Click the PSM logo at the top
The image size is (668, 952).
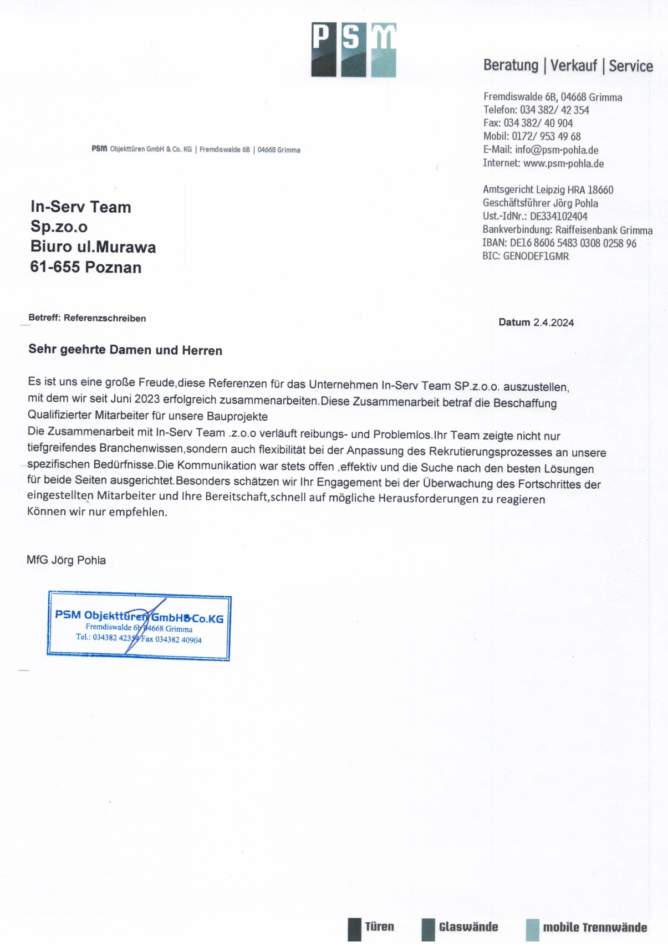[354, 50]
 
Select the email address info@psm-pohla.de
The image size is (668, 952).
[556, 150]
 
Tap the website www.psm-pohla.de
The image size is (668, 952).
[563, 163]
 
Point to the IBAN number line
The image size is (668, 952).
[559, 243]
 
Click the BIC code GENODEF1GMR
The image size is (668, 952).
[536, 256]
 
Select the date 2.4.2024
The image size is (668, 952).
[553, 323]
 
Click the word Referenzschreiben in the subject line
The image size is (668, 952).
[105, 318]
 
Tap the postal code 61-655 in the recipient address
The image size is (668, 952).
[55, 267]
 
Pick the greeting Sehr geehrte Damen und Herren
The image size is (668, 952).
[125, 350]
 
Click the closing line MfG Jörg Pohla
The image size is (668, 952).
[66, 560]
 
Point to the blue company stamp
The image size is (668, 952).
[139, 626]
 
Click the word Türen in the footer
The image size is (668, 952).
[379, 927]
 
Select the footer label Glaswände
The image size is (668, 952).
[468, 927]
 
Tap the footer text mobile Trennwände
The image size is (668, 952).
[594, 927]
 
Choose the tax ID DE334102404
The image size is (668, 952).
[558, 216]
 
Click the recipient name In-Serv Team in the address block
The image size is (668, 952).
[81, 207]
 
